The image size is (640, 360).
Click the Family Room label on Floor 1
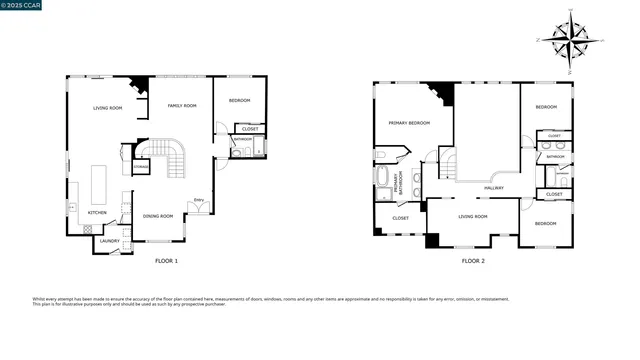click(x=181, y=105)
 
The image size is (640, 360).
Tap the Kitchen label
click(x=97, y=212)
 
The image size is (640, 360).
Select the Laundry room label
click(x=110, y=240)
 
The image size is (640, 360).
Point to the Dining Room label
click(x=158, y=216)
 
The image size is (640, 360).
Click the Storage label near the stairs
click(x=128, y=152)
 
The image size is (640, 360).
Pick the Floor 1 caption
click(x=166, y=261)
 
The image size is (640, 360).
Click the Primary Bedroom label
click(x=409, y=123)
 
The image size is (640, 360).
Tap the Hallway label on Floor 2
click(x=493, y=187)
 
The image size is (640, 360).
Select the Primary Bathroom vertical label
click(x=397, y=182)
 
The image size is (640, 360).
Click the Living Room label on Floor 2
click(x=472, y=216)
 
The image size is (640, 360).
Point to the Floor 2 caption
click(x=473, y=261)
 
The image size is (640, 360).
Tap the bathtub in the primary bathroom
click(x=384, y=181)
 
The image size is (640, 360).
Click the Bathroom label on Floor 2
click(x=555, y=157)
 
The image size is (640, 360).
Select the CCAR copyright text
click(x=21, y=5)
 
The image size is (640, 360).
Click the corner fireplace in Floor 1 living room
click(x=141, y=84)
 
